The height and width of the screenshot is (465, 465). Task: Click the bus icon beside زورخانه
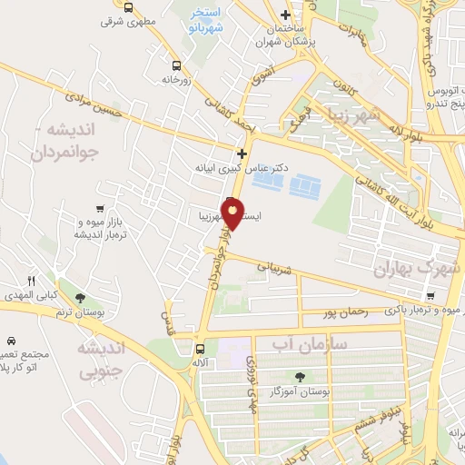(x=176, y=65)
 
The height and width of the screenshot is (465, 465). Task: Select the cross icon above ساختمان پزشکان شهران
(x=286, y=15)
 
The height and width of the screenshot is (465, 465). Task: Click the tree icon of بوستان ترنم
(x=81, y=297)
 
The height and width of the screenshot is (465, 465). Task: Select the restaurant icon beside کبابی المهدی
(x=32, y=282)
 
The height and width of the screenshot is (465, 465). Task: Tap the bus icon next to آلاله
(x=200, y=347)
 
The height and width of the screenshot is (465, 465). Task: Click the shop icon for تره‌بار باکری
(x=429, y=296)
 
